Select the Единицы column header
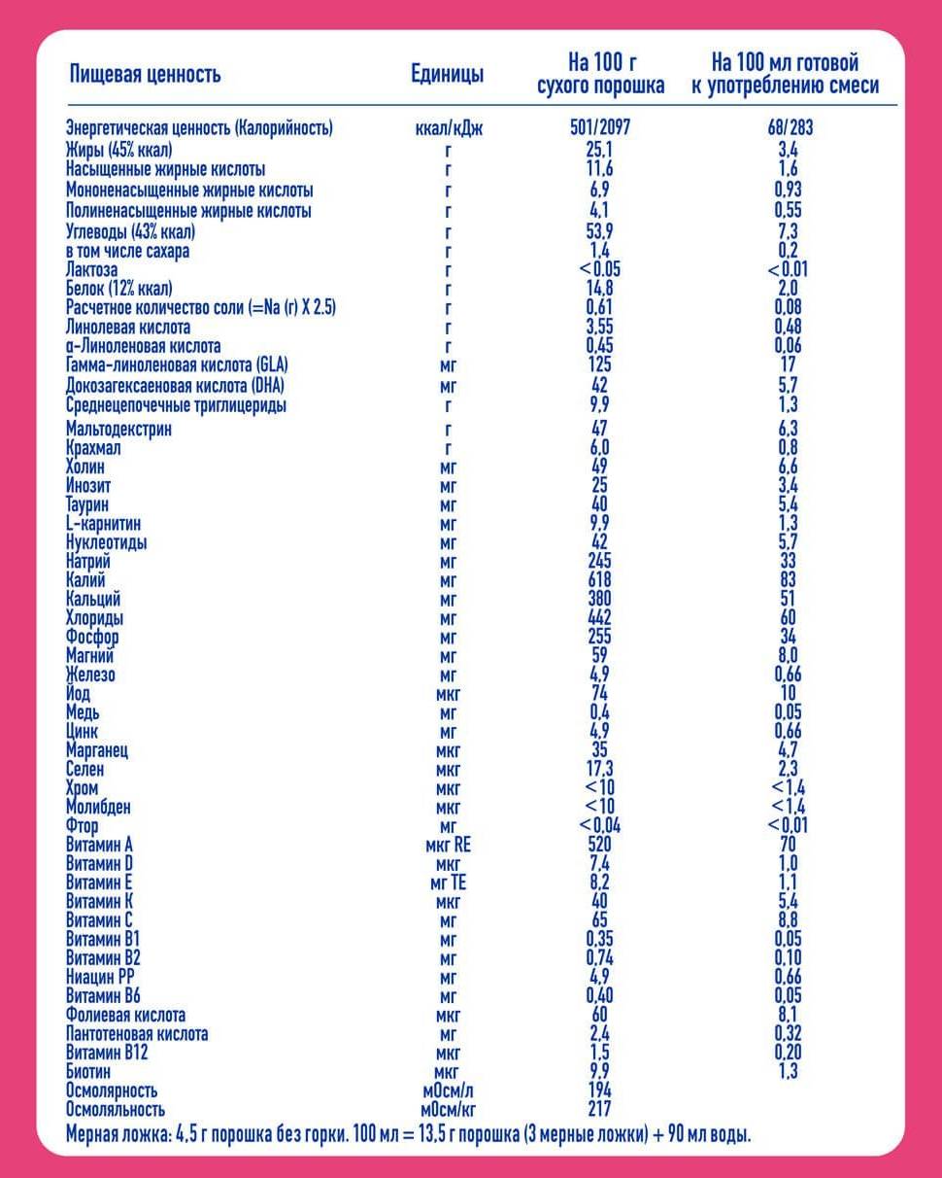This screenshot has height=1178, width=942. point(447,75)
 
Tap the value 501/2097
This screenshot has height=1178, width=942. point(600,128)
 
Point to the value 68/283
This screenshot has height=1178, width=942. point(788,128)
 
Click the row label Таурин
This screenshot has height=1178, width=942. point(87,505)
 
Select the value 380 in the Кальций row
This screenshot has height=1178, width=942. point(599,600)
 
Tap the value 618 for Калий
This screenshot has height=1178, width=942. point(599,581)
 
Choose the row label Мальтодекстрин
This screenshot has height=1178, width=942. point(118,430)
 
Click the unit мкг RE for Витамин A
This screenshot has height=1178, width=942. point(448,846)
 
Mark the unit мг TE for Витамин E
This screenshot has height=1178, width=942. point(448,883)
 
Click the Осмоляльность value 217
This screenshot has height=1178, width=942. point(599,1109)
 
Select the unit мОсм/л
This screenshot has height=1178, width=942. point(448,1091)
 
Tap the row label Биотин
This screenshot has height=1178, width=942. point(90,1072)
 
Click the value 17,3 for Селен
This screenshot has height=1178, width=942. point(599,770)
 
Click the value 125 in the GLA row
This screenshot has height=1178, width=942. point(599,365)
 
